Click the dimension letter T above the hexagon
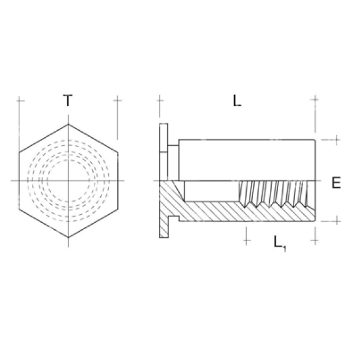pos(68,100)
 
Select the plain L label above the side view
pos(237,101)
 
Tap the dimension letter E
pos(336,183)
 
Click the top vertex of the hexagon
pos(68,124)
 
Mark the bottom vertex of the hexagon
pos(68,238)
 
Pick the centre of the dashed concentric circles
pos(68,181)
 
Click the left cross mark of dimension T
pos(19,100)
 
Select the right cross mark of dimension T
pos(116,100)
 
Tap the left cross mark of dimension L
pos(161,100)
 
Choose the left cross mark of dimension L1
pos(248,238)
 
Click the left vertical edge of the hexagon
pos(19,181)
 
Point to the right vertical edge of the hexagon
pos(116,181)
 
